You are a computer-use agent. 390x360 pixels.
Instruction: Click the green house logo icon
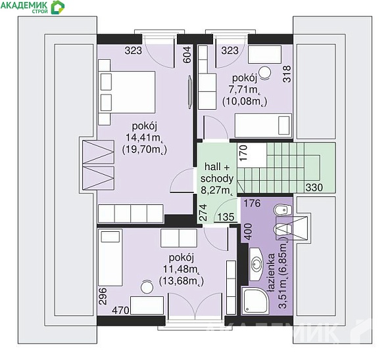click(x=57, y=7)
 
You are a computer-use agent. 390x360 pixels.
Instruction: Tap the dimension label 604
click(x=187, y=55)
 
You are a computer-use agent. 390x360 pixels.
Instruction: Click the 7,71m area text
click(x=244, y=90)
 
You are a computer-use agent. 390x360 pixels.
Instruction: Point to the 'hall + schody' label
click(x=217, y=173)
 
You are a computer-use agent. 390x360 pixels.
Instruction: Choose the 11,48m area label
click(x=182, y=269)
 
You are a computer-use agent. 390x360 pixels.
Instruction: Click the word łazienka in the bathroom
click(x=271, y=273)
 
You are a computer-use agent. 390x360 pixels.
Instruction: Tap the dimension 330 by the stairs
click(x=314, y=187)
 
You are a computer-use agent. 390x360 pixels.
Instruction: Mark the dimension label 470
click(x=120, y=310)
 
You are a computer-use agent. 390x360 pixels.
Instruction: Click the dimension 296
click(x=103, y=296)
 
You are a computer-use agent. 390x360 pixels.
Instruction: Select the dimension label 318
click(x=287, y=74)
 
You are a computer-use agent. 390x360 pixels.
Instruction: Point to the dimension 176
click(x=252, y=203)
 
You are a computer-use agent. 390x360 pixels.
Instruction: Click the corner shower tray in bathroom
click(x=255, y=301)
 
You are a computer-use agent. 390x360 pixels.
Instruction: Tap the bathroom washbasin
click(x=256, y=263)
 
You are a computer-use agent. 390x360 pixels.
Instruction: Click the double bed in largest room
click(x=127, y=93)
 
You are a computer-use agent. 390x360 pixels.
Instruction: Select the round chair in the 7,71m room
click(x=264, y=73)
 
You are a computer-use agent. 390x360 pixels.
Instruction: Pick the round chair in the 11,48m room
click(x=147, y=287)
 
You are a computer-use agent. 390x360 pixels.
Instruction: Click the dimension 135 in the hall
click(x=226, y=217)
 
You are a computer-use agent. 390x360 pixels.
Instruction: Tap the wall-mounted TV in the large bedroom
click(x=190, y=93)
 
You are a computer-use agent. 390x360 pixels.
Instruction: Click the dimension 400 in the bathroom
click(x=249, y=231)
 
